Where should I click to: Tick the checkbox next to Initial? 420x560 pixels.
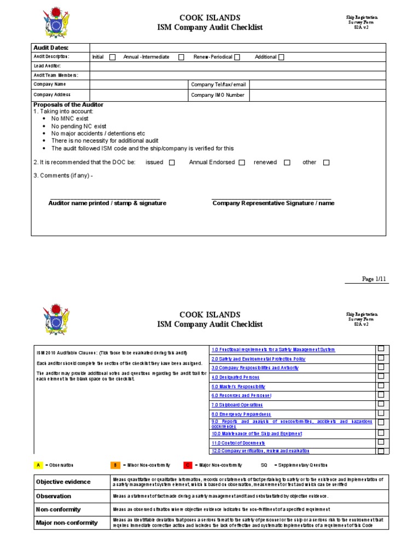click(x=112, y=57)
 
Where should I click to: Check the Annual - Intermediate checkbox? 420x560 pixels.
click(x=181, y=57)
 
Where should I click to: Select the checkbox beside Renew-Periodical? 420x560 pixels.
click(x=237, y=57)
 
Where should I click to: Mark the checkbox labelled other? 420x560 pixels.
click(x=326, y=162)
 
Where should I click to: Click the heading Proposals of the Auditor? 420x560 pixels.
click(x=68, y=104)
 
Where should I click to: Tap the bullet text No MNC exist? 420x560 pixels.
click(x=69, y=119)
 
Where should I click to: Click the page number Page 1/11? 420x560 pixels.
click(x=374, y=279)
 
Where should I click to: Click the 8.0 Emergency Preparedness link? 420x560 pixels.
click(x=241, y=415)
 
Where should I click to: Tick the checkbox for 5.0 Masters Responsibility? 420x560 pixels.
click(x=381, y=385)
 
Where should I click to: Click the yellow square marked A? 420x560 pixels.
click(x=38, y=465)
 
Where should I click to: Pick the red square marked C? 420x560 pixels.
click(x=188, y=465)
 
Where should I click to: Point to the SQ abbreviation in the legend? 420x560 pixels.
click(x=264, y=465)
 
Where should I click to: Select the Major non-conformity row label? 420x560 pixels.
click(x=67, y=523)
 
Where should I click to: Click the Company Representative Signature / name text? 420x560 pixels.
click(x=273, y=203)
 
